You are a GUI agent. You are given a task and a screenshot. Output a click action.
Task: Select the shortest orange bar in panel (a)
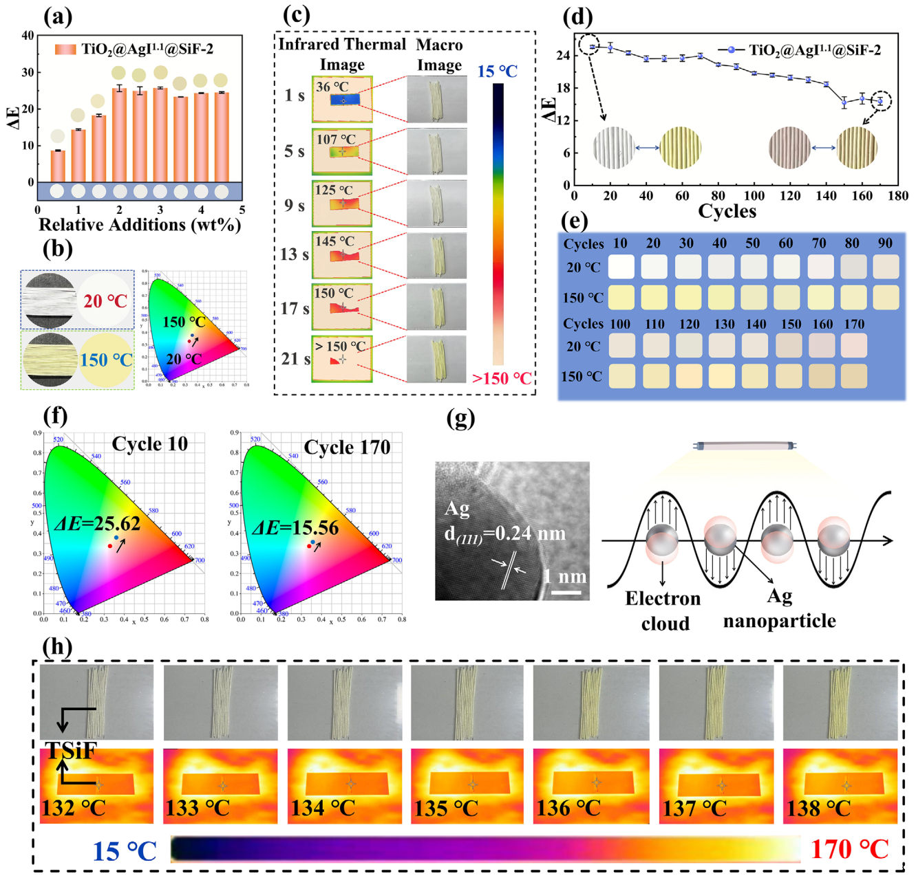point(58,166)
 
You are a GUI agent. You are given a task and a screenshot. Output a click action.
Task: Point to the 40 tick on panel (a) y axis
point(28,36)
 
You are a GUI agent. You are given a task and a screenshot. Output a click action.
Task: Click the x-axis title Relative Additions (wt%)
point(139,225)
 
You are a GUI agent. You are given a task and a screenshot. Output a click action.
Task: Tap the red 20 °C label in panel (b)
point(105,301)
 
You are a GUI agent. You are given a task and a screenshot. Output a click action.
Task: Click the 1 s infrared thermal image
point(342,99)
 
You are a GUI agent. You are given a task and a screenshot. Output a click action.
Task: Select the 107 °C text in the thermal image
point(336,139)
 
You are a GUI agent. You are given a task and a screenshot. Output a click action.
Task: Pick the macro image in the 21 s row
point(436,359)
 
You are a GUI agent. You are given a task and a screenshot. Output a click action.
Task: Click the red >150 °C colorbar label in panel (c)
point(502,378)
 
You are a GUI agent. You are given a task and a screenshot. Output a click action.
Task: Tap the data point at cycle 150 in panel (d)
point(844,103)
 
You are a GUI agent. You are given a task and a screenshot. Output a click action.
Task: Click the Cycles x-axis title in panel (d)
point(727,211)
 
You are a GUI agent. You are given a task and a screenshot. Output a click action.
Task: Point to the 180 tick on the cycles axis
point(897,196)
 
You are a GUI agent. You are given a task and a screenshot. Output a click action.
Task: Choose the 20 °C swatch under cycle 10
point(621,267)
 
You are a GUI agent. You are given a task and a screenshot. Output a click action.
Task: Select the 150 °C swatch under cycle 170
point(853,376)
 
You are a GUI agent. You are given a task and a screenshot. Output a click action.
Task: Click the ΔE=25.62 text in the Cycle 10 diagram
point(97,524)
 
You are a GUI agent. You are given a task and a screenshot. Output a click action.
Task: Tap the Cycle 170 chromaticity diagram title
point(347,448)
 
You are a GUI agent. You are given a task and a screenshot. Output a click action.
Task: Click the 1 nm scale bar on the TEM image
point(566,591)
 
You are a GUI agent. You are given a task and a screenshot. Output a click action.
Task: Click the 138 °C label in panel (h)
point(818,809)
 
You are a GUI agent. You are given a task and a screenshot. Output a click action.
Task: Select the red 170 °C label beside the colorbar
point(850,850)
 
